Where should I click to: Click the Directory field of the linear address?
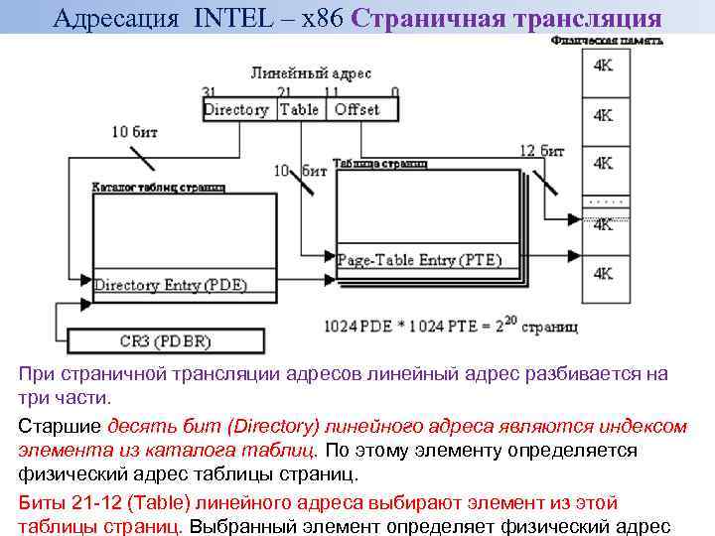(x=236, y=109)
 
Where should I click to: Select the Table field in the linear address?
(x=299, y=109)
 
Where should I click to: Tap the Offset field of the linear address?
(x=357, y=109)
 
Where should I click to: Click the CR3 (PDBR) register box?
(x=166, y=342)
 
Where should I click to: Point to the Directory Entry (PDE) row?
(x=171, y=285)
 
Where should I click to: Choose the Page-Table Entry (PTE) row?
(x=420, y=260)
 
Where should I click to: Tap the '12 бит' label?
(x=541, y=151)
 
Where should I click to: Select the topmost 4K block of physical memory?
(x=603, y=66)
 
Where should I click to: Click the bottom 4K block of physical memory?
(x=603, y=271)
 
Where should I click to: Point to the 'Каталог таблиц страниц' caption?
(x=158, y=186)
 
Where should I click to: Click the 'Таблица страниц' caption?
(x=379, y=163)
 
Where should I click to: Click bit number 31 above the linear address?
(x=209, y=92)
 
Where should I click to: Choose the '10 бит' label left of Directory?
(x=133, y=131)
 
